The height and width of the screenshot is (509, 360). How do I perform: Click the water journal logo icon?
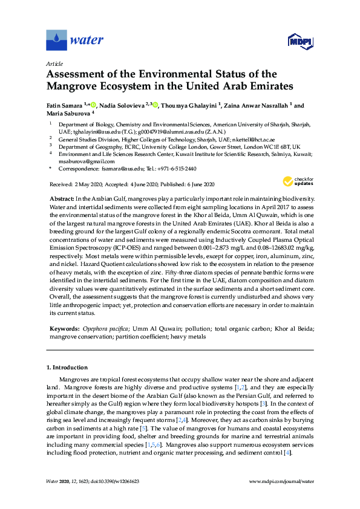pyautogui.click(x=56, y=41)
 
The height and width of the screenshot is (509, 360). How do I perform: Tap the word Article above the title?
pyautogui.click(x=54, y=63)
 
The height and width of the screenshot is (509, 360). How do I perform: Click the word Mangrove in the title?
pyautogui.click(x=72, y=86)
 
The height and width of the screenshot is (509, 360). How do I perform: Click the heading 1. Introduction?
pyautogui.click(x=67, y=368)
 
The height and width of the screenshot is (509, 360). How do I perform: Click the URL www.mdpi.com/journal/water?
pyautogui.click(x=281, y=481)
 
